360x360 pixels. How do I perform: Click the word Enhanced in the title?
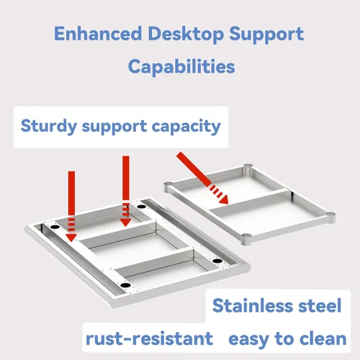tap(98, 33)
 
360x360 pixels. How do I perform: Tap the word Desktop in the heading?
tap(186, 34)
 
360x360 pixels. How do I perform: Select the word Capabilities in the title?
tap(181, 66)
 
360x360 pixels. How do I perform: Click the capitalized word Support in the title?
tap(266, 35)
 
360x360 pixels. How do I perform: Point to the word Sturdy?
tap(49, 126)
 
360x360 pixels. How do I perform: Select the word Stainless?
tap(252, 305)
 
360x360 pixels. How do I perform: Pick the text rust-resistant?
tap(149, 338)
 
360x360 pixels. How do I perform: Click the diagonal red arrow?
tap(202, 178)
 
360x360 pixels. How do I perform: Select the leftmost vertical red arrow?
tap(71, 206)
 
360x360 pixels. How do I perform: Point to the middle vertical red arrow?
tap(126, 191)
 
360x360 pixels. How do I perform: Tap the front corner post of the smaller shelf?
tap(246, 240)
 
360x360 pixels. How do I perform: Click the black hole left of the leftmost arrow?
tap(55, 227)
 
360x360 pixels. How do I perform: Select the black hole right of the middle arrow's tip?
tap(141, 207)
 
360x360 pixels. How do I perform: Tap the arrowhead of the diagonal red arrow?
tap(223, 199)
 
